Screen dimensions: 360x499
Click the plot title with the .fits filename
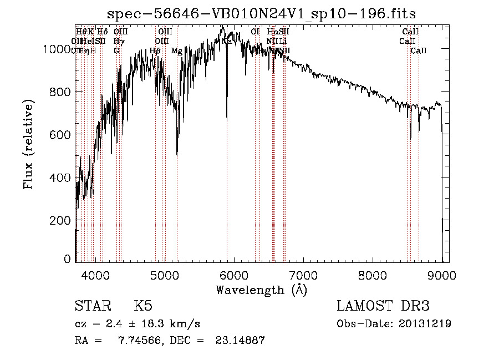(262, 13)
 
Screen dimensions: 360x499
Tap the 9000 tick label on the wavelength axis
(442, 275)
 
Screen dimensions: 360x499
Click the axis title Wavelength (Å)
(262, 290)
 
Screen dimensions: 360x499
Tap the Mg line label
(177, 51)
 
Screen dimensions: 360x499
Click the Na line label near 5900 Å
(226, 42)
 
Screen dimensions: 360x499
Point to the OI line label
(255, 32)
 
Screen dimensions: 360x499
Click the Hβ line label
(155, 51)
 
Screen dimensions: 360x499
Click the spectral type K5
(143, 307)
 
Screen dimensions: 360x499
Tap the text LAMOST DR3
(383, 307)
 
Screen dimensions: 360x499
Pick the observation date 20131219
(424, 324)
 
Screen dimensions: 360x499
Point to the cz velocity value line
(137, 324)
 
